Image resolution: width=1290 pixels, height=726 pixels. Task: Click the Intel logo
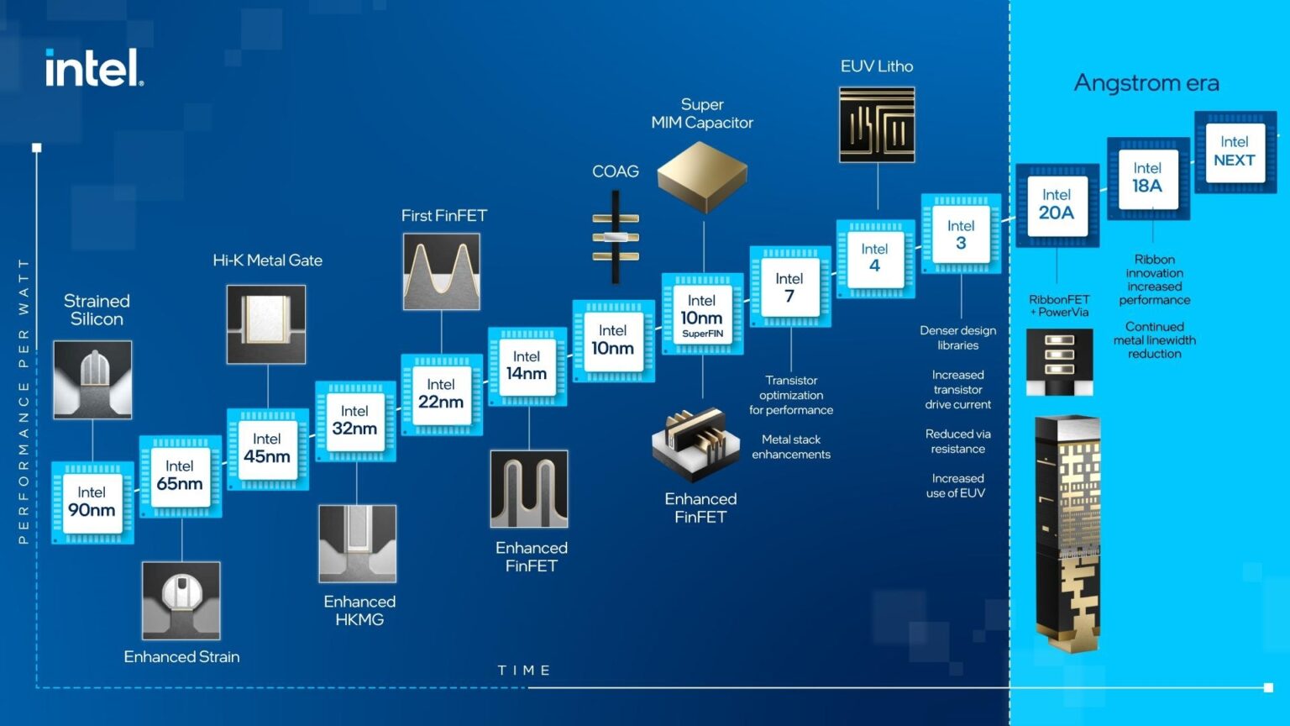coord(94,67)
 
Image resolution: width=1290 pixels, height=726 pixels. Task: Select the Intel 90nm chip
coord(92,502)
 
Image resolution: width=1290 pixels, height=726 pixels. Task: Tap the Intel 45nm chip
coord(267,449)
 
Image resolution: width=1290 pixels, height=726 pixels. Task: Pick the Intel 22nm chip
coord(442,394)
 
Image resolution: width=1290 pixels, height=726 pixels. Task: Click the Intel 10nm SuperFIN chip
coord(702,313)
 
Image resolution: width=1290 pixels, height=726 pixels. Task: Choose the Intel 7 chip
coord(789,287)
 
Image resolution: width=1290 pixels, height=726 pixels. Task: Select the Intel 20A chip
coord(1057,204)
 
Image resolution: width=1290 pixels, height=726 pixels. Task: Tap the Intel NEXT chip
coord(1234,151)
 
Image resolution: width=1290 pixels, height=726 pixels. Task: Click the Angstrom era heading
coord(1146,82)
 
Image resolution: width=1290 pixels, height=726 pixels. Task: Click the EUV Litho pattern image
coord(877,124)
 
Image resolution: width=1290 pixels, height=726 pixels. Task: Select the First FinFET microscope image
coord(442,271)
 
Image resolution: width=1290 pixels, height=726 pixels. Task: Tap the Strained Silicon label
coord(97,309)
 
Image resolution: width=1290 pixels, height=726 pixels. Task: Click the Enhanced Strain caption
coord(181,656)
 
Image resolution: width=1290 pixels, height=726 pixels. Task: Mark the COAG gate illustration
coord(616,237)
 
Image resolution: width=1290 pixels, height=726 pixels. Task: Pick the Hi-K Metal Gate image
coord(266,324)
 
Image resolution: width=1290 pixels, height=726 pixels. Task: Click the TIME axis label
coord(524,670)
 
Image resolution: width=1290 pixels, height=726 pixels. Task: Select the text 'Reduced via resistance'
coord(958,441)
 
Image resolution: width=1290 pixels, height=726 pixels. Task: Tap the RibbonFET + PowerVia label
coord(1059,305)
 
